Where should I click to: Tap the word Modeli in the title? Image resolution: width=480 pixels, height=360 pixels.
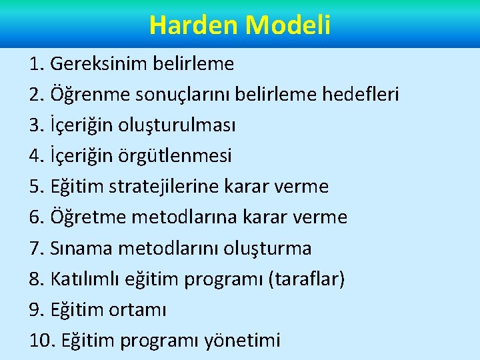click(x=288, y=25)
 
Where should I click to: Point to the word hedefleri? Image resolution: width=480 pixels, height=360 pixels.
click(x=361, y=95)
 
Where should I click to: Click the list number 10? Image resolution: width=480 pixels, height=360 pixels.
click(x=42, y=340)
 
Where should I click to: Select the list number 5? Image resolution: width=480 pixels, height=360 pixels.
click(x=36, y=187)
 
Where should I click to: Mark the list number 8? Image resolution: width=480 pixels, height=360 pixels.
click(x=36, y=279)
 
